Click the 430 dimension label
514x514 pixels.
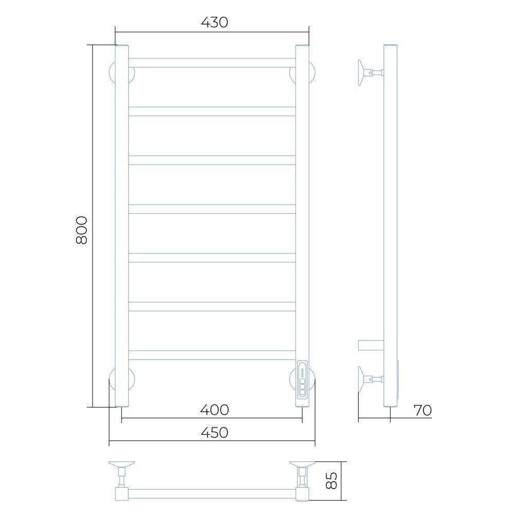215,22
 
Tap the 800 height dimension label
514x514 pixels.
82,230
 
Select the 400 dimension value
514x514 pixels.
215,410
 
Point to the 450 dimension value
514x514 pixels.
215,432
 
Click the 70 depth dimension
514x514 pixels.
422,410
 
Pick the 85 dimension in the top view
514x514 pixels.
332,481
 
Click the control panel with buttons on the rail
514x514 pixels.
302,380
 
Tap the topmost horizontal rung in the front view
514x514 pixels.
212,63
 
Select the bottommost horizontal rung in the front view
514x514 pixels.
212,355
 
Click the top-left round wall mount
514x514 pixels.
112,72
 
